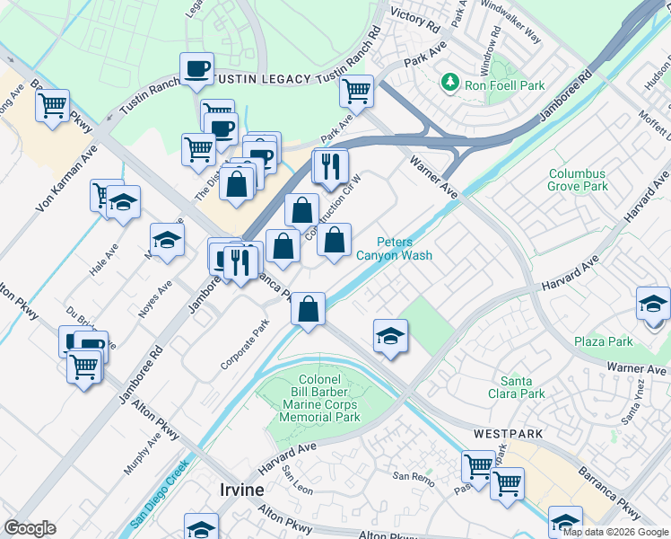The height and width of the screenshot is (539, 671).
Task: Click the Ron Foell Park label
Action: pyautogui.click(x=504, y=85)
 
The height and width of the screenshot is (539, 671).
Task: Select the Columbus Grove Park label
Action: pyautogui.click(x=578, y=180)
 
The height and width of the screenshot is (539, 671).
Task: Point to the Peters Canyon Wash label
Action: pyautogui.click(x=394, y=249)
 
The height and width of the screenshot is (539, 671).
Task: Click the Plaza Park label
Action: pyautogui.click(x=603, y=341)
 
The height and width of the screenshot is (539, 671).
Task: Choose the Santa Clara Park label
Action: pyautogui.click(x=522, y=387)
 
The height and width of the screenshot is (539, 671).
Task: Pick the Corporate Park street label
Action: pyautogui.click(x=244, y=349)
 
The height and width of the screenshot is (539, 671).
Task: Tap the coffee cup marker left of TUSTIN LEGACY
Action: pyautogui.click(x=196, y=68)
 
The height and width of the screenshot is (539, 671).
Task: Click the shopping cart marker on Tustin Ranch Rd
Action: pyautogui.click(x=357, y=91)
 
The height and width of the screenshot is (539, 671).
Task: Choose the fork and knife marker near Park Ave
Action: pyautogui.click(x=329, y=166)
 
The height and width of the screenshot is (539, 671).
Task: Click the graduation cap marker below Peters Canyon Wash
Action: pyautogui.click(x=390, y=336)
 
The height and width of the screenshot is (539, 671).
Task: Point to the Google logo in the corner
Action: pyautogui.click(x=30, y=528)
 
